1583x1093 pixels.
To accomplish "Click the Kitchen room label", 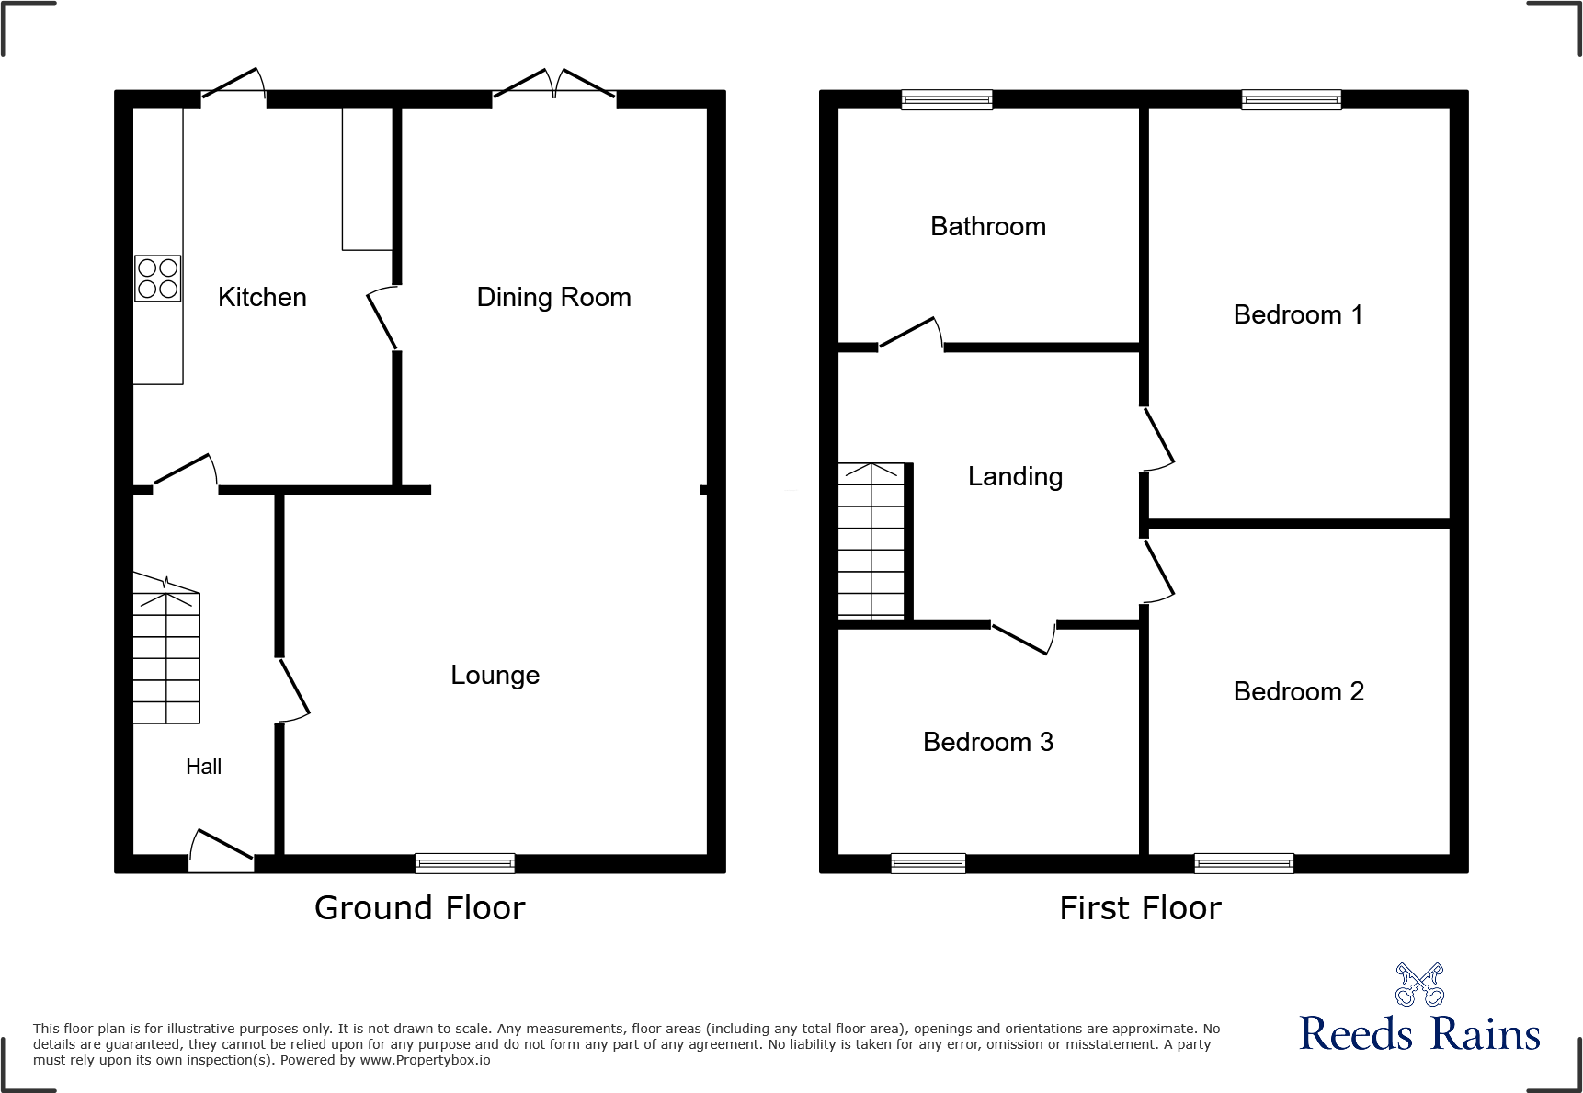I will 262,297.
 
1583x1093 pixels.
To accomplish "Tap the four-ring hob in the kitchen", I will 157,279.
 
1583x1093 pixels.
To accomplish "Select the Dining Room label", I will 553,297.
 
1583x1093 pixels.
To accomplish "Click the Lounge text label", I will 495,675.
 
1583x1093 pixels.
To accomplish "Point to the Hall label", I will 203,767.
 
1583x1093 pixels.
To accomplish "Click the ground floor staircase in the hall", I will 166,657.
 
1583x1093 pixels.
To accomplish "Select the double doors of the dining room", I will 554,85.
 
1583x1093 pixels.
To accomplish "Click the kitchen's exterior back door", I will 233,85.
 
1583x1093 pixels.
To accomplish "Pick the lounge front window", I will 464,862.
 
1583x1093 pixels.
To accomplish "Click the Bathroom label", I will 988,226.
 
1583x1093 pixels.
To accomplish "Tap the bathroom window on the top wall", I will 947,99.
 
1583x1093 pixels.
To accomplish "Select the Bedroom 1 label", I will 1297,314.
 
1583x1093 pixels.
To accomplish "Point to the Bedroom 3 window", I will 928,862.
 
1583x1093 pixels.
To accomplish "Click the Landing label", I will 1015,476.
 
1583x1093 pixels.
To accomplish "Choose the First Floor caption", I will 1140,908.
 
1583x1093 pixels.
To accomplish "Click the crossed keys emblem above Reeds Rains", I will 1419,985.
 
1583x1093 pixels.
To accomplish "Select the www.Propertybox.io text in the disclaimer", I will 425,1060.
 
